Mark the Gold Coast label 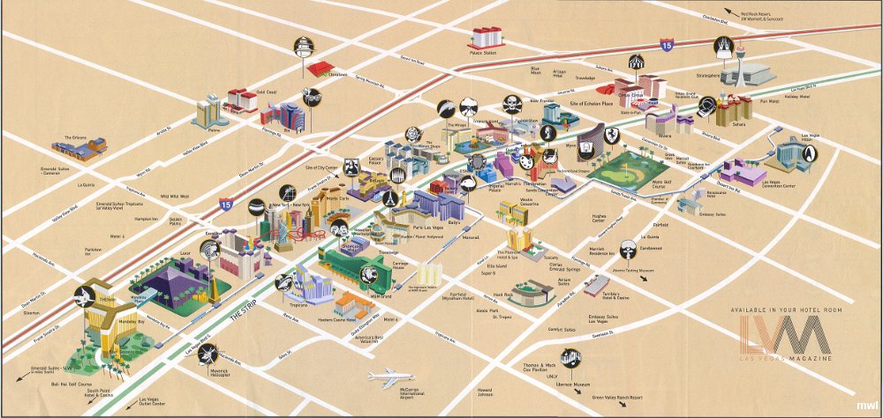click(266, 92)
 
